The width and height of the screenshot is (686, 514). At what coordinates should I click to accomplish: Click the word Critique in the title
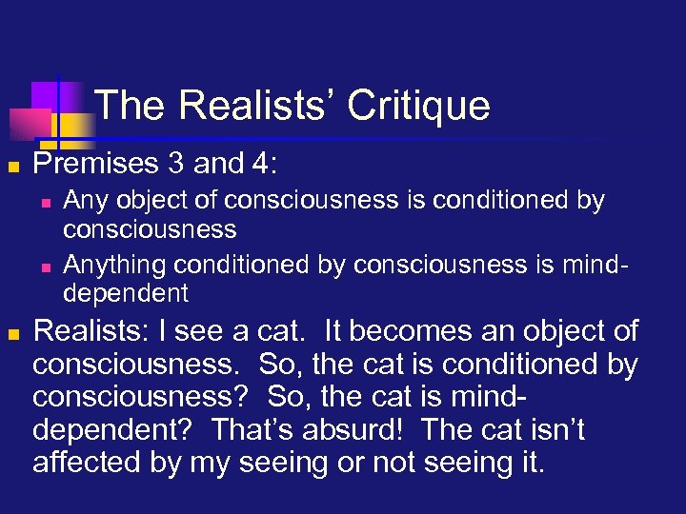[x=419, y=106]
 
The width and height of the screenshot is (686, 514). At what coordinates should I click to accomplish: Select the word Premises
[x=87, y=164]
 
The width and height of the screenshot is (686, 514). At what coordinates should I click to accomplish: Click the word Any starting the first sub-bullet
[x=82, y=202]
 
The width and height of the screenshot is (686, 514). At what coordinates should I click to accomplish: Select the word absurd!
[x=361, y=431]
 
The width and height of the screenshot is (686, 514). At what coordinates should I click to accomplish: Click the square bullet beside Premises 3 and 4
[x=13, y=166]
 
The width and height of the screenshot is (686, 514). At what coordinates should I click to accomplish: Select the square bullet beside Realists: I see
[x=13, y=334]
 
